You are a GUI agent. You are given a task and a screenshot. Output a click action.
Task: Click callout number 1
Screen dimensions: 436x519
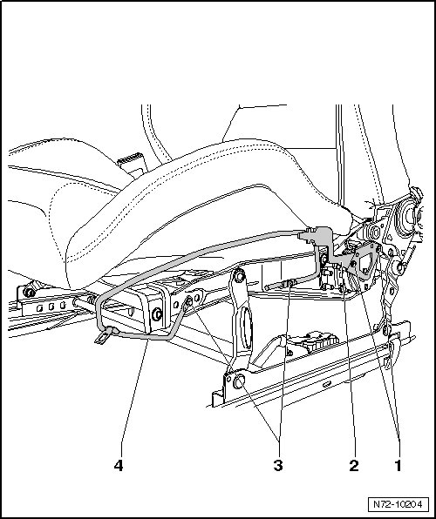(x=398, y=465)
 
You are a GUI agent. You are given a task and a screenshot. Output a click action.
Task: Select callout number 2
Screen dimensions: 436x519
(x=354, y=465)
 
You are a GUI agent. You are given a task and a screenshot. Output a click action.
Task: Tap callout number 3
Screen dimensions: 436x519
(x=278, y=465)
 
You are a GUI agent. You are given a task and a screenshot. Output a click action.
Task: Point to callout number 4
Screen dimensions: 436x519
(x=119, y=465)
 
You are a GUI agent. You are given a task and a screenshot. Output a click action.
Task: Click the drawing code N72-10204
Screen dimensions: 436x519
(x=398, y=504)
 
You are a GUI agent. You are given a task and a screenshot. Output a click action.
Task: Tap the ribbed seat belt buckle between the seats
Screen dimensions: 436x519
(x=132, y=163)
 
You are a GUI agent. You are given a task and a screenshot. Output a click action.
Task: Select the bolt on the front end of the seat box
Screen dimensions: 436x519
(x=156, y=313)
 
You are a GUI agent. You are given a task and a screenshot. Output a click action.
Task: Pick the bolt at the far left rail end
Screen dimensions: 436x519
(x=30, y=293)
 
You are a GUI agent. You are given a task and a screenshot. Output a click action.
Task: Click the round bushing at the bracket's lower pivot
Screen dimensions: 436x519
(x=239, y=381)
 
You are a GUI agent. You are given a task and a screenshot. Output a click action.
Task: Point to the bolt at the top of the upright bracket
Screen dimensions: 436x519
(x=240, y=275)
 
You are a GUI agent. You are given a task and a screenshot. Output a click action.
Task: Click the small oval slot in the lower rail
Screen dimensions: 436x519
(x=327, y=384)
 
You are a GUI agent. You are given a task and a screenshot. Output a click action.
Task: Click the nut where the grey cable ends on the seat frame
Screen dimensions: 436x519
(x=189, y=301)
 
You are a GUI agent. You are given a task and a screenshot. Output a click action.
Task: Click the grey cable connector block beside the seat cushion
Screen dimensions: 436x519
(x=318, y=236)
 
